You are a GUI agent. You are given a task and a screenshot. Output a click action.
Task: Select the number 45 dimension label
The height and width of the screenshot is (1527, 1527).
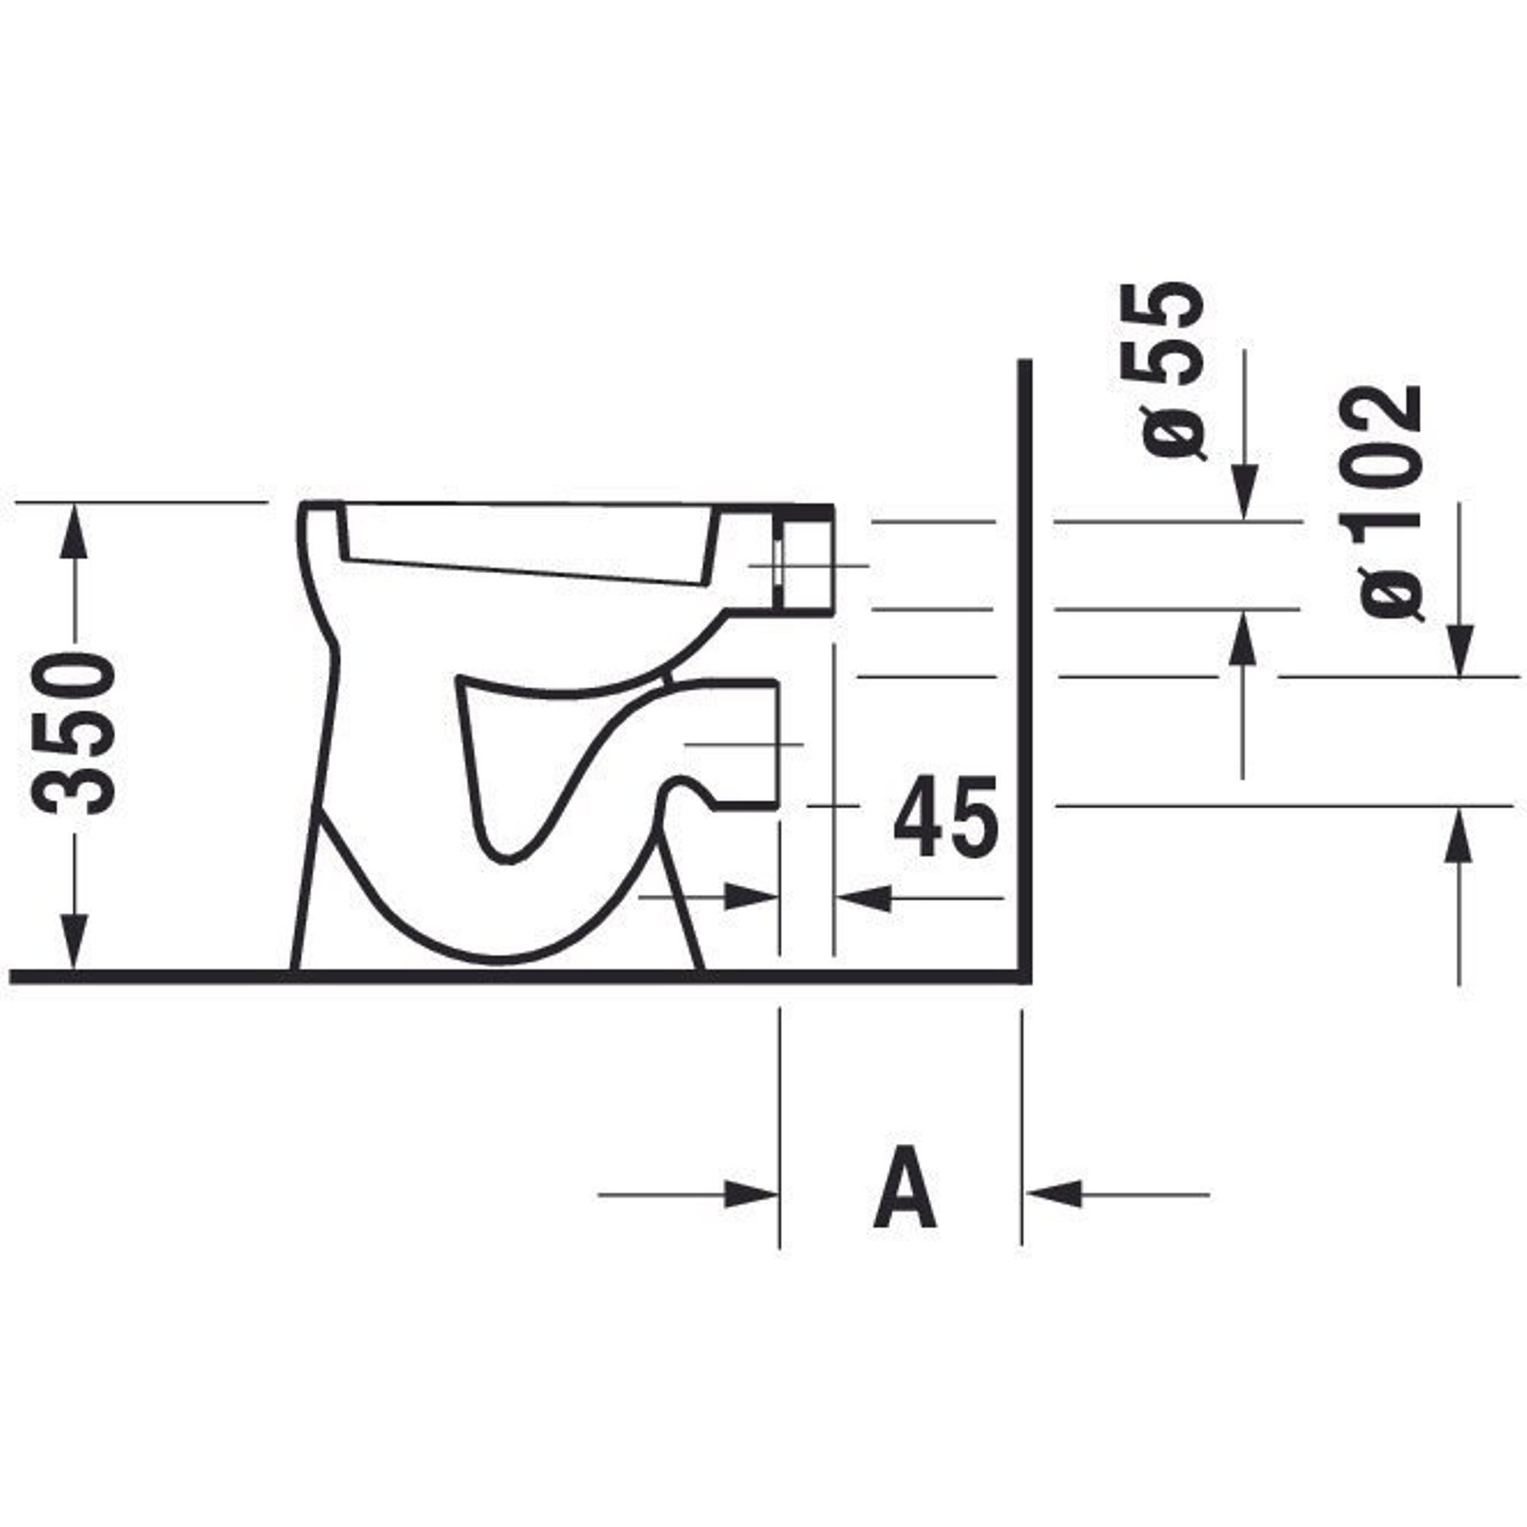[x=946, y=816]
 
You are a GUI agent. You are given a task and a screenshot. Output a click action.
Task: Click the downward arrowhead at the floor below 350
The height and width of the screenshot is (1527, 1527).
[x=74, y=942]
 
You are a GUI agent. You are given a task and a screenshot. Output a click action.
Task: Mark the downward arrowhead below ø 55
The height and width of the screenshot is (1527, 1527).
[x=1244, y=493]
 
